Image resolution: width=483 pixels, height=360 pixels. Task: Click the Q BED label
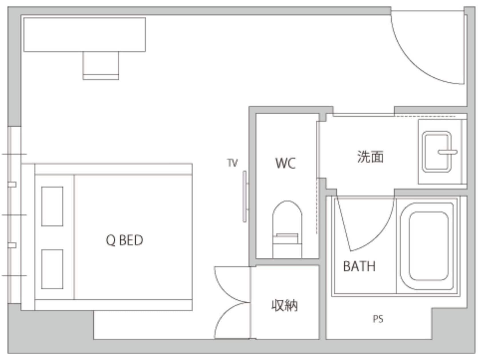pos(124,240)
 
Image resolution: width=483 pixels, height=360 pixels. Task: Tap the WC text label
pos(286,163)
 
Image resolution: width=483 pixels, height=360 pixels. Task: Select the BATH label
pos(359,266)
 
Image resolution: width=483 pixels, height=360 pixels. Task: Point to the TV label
pos(232,163)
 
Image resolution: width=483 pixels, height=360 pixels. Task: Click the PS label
pos(378,319)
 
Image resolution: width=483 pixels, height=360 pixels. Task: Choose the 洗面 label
pos(370,157)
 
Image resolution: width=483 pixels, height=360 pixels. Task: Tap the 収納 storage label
pos(284,305)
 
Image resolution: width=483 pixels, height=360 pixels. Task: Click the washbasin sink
pos(436,152)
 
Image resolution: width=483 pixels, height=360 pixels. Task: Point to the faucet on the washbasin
pos(448,152)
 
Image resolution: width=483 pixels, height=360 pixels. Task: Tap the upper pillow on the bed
pos(52,206)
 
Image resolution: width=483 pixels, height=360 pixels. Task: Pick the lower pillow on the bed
pos(52,269)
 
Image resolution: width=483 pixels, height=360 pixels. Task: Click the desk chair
pos(101,66)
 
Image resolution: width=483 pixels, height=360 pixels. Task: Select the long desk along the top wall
pos(85,35)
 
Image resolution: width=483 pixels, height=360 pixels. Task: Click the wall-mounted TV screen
pos(245,196)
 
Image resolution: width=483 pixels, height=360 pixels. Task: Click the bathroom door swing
pos(379,235)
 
